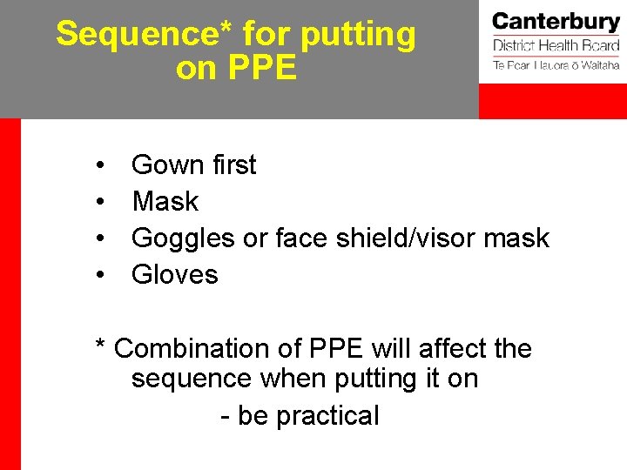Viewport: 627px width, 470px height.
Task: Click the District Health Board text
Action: [556, 45]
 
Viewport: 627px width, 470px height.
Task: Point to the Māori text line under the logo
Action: [556, 65]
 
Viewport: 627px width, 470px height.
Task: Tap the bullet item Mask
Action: [165, 202]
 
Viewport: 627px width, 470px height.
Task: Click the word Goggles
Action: [183, 238]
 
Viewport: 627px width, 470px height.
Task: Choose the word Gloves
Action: [175, 275]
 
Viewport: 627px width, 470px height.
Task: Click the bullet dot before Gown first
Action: [102, 166]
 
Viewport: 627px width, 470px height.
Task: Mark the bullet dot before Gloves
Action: [102, 276]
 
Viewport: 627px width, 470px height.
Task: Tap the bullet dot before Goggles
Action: [102, 239]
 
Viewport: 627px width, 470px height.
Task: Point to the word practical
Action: [327, 416]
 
